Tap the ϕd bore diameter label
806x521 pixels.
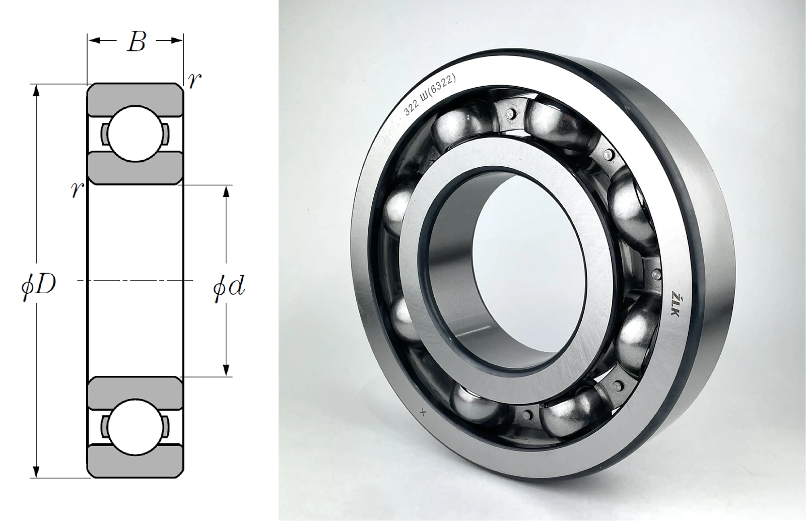[229, 288]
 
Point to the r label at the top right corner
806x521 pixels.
[194, 81]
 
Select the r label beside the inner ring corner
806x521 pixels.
[78, 189]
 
